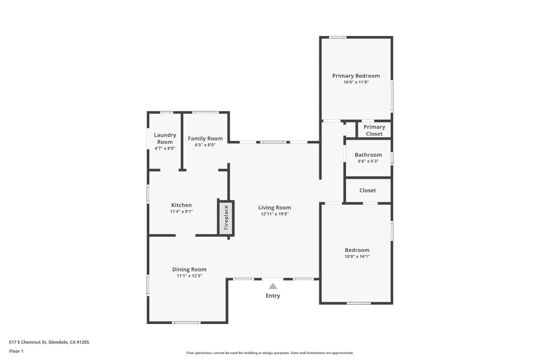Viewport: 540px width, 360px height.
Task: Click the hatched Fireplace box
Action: click(226, 218)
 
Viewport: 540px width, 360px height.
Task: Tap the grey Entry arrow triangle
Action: click(273, 286)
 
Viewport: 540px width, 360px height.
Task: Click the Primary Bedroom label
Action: click(356, 76)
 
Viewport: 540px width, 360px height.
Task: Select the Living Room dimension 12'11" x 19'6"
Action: click(274, 214)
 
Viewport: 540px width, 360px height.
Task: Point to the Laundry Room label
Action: click(165, 138)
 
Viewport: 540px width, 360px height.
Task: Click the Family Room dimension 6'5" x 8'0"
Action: click(205, 145)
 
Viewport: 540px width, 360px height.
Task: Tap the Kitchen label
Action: click(181, 205)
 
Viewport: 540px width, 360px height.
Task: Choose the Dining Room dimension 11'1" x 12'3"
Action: click(189, 276)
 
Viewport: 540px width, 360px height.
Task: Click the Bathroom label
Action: click(368, 155)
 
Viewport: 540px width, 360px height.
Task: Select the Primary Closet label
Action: click(374, 130)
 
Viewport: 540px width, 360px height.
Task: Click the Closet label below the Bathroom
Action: click(367, 190)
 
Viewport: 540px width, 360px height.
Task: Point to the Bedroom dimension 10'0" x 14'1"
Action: click(357, 256)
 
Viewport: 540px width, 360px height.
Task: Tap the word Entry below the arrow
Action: click(273, 296)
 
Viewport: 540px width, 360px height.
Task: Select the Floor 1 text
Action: click(16, 351)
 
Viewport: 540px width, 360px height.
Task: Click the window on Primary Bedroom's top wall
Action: click(337, 37)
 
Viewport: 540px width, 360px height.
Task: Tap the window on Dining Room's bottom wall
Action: click(186, 322)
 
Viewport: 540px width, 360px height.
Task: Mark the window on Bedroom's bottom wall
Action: click(359, 303)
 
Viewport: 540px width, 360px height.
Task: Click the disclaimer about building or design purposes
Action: click(270, 353)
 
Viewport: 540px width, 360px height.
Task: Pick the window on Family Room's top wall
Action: click(205, 112)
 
